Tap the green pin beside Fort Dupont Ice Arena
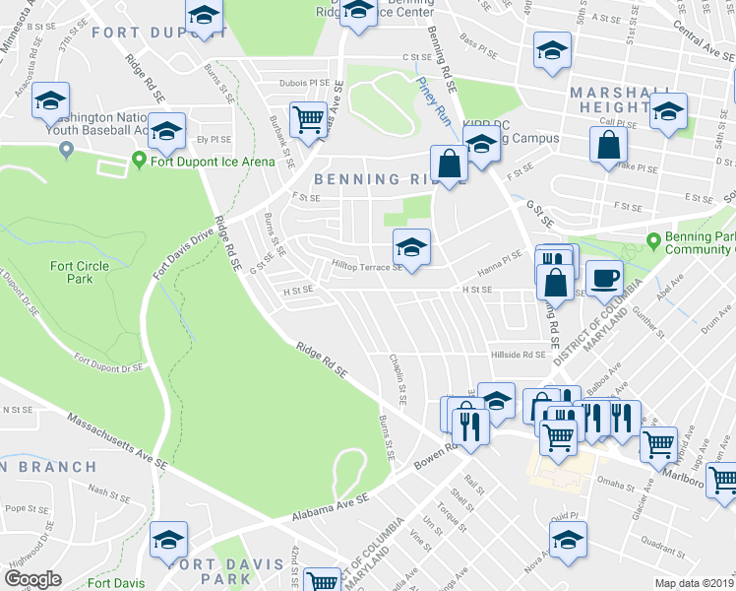(139, 161)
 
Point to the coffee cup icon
(604, 277)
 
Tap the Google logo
(32, 579)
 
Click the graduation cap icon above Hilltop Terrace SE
(411, 246)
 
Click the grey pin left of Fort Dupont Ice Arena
(66, 150)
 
